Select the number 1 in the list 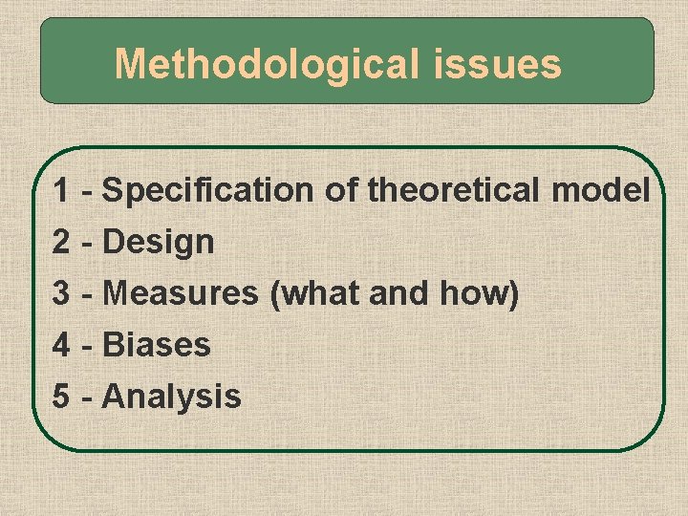[61, 191]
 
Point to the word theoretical [455, 191]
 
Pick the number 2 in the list [61, 243]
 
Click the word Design [159, 243]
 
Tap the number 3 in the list [61, 293]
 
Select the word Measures [181, 293]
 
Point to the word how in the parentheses [480, 293]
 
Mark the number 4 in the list [61, 344]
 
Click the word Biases [157, 344]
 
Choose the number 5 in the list [61, 396]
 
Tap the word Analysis [172, 396]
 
